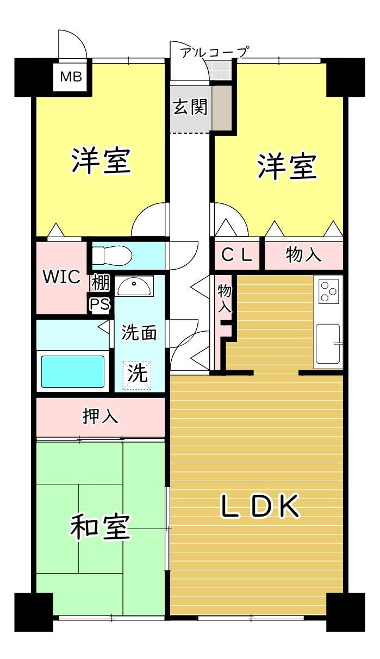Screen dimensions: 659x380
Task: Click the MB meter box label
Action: [71, 77]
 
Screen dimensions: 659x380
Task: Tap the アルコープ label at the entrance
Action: [214, 52]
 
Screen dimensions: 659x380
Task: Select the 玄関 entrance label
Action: [190, 107]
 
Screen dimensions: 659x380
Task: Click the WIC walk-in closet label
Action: [62, 276]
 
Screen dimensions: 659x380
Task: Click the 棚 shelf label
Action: [100, 283]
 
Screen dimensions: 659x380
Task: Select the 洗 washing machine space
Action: [137, 374]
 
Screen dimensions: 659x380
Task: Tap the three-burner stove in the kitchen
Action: [328, 290]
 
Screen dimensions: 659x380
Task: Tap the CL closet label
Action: [237, 255]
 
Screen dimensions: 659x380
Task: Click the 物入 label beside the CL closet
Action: [303, 255]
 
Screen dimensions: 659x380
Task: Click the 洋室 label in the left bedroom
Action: [101, 160]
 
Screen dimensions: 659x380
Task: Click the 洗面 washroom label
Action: [139, 333]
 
